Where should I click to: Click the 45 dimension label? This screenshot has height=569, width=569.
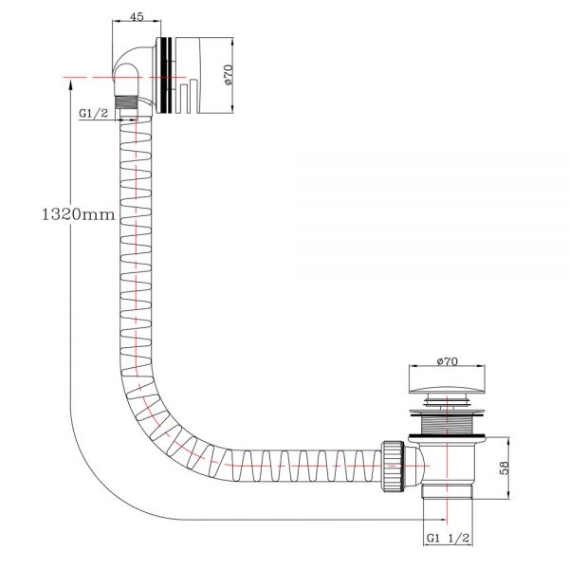tap(137, 16)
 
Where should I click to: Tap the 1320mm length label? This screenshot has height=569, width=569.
tap(79, 214)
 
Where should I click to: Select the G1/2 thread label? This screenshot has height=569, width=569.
tap(93, 113)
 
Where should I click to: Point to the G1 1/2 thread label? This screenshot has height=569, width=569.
tap(448, 538)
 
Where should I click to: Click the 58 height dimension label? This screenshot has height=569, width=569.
tap(505, 468)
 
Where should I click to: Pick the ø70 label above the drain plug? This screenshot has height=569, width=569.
tap(447, 361)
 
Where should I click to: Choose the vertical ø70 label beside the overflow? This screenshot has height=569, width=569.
tap(228, 75)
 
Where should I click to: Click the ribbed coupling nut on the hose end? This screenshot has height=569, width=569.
tap(393, 466)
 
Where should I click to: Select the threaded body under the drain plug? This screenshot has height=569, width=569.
tap(447, 425)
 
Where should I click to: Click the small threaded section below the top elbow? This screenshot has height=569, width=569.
tap(126, 102)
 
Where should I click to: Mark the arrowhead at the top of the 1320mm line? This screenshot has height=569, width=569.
tap(70, 85)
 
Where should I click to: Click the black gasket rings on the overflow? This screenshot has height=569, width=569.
tap(166, 75)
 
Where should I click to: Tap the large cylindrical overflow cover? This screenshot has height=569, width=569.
tap(204, 75)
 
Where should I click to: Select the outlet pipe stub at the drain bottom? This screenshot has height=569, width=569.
tap(447, 491)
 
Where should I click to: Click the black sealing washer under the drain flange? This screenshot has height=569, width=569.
tap(447, 435)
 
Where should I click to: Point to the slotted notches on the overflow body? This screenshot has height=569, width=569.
tap(188, 98)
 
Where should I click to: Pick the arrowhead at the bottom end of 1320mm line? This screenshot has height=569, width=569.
tap(442, 520)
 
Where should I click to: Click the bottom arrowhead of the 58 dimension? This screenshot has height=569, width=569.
tap(508, 495)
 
